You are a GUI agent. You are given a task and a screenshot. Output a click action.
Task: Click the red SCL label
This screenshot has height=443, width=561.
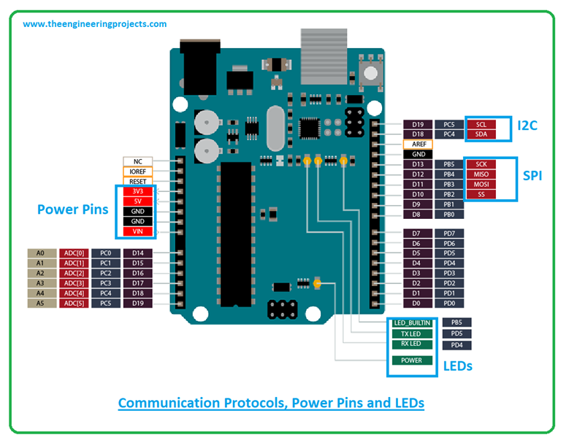481,124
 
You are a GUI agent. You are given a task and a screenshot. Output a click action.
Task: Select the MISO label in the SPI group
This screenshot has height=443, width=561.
481,174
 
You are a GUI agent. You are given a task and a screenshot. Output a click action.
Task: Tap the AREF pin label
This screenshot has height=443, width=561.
419,145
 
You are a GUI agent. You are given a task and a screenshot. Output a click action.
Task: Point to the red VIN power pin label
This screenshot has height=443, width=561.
137,231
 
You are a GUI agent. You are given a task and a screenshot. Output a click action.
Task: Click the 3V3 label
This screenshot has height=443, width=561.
137,191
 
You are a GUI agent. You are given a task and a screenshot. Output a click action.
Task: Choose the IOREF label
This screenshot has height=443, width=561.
137,172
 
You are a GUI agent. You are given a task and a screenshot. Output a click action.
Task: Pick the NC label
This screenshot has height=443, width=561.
137,161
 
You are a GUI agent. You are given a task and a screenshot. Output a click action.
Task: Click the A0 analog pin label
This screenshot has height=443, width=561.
41,253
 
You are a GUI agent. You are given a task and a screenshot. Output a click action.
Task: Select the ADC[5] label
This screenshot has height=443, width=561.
73,303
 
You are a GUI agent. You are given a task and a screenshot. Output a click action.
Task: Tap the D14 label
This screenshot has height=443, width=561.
137,253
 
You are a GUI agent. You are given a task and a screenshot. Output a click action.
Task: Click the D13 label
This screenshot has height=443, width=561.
418,164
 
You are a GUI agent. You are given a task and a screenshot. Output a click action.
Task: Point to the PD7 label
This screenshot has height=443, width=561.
449,234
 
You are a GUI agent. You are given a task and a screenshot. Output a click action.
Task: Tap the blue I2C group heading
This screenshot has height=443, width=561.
527,126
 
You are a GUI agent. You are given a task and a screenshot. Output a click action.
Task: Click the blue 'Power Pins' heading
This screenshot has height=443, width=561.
72,209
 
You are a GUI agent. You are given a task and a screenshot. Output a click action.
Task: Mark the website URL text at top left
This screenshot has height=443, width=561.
94,24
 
